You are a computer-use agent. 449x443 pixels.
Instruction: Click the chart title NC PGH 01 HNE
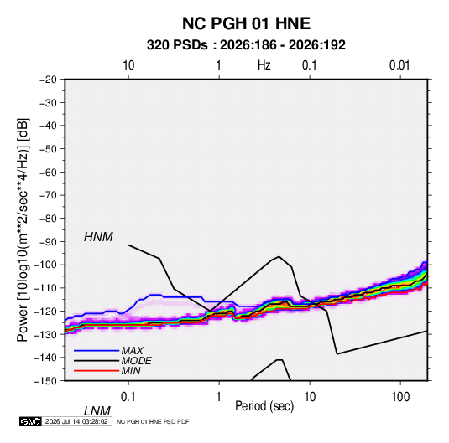(246, 23)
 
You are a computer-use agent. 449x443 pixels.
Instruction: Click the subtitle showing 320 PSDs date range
(246, 45)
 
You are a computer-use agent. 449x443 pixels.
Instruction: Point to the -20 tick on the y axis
(48, 80)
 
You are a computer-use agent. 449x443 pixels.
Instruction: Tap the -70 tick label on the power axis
(48, 195)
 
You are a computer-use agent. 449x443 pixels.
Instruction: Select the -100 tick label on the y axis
(45, 265)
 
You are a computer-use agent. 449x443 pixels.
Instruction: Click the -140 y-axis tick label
(45, 358)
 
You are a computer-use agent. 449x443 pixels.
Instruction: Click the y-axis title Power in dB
(23, 229)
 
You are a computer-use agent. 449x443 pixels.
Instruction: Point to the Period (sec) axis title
(264, 406)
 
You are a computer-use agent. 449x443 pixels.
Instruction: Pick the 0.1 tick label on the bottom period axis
(128, 397)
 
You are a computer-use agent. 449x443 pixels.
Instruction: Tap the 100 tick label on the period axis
(400, 397)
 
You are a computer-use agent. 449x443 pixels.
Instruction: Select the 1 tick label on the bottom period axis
(219, 397)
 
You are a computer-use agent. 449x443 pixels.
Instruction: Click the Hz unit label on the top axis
(264, 65)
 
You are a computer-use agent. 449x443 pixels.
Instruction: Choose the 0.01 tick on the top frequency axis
(399, 65)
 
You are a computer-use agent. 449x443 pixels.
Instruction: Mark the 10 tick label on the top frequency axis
(128, 65)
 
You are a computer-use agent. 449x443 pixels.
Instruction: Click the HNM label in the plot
(98, 237)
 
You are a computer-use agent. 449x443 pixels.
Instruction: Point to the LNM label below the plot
(97, 411)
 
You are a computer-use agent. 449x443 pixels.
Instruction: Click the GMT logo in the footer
(31, 421)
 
